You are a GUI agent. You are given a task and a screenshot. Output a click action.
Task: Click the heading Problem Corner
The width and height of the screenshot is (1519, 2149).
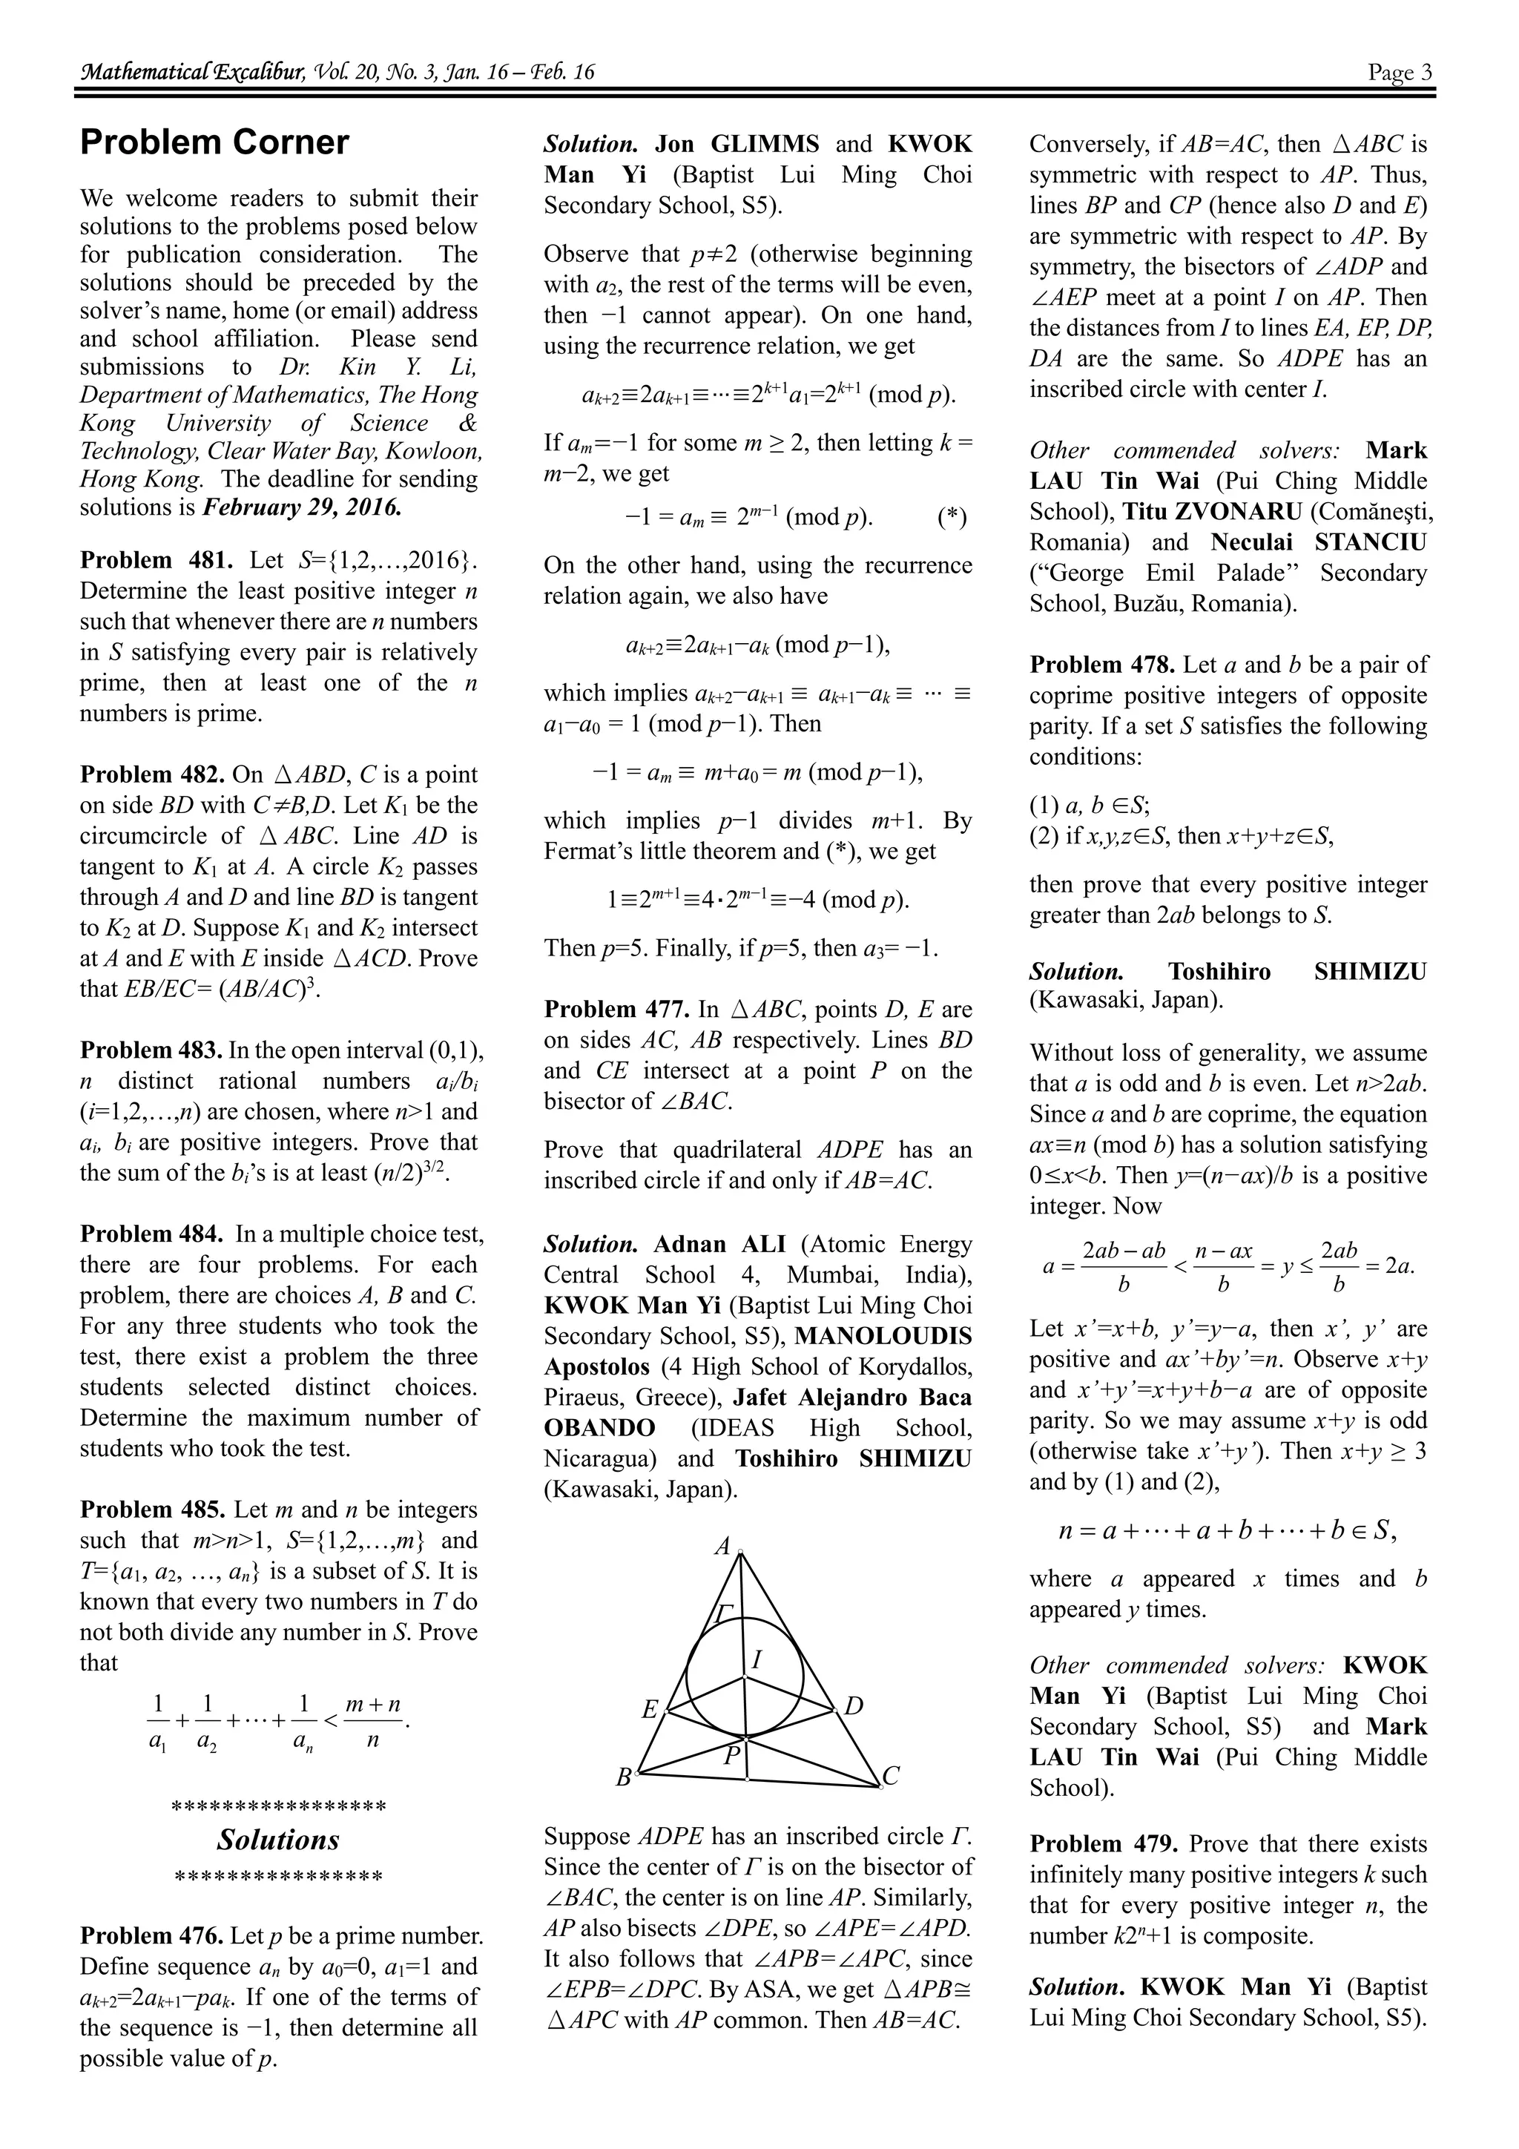214,142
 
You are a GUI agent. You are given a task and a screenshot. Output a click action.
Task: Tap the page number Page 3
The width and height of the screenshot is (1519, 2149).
1399,72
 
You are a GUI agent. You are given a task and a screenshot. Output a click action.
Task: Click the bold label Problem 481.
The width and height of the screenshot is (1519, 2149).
157,560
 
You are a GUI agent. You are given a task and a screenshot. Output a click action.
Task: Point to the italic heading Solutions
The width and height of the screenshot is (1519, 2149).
278,1840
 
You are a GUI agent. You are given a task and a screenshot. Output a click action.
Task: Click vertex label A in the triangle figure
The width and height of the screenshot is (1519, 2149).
722,1545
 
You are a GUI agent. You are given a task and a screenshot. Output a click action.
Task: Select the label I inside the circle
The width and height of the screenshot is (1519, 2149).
757,1660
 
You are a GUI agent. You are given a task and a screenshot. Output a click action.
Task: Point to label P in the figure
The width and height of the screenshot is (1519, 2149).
732,1757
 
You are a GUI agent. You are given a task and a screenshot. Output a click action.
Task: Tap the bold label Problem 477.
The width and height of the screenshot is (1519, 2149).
621,1009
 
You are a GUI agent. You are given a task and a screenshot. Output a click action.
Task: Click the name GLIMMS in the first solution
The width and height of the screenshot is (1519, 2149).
765,144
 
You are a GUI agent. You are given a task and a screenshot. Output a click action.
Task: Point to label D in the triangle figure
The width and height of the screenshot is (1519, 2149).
853,1705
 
